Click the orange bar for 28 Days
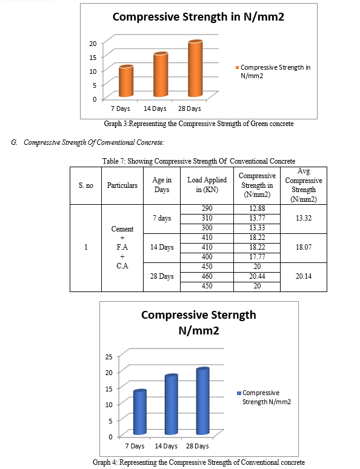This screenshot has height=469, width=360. coord(195,68)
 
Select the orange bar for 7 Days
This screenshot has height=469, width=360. coord(126,81)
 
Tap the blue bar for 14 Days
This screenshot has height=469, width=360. coord(171,404)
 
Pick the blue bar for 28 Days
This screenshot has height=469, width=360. coord(202,401)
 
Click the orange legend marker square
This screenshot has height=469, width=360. coord(238,68)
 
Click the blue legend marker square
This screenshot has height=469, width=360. coord(239,393)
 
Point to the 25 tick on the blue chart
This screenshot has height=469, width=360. coord(109,356)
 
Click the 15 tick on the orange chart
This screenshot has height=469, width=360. coord(93,57)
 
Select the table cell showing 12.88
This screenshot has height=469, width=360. coord(257,208)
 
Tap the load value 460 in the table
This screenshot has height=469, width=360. coord(207,276)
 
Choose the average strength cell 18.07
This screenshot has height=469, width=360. coord(304,247)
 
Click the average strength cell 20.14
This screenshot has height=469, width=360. coord(304,276)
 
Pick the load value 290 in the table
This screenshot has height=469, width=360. coord(207,208)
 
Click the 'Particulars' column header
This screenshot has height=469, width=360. coord(122,185)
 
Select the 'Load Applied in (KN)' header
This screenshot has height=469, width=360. coord(207,185)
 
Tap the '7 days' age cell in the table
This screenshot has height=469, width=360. coord(162,218)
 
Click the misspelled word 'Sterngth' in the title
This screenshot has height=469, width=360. coord(233,315)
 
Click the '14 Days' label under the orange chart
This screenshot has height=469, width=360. coord(155,108)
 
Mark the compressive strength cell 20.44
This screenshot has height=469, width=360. coord(257,276)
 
